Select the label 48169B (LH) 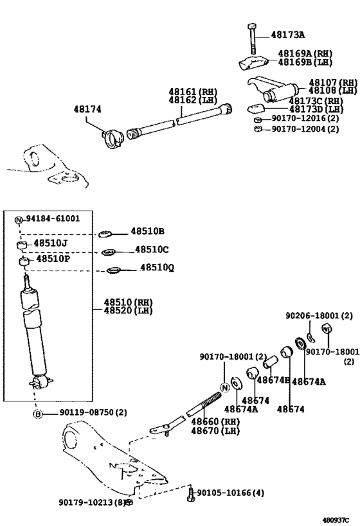pyautogui.click(x=303, y=62)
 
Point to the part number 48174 pyautogui.click(x=88, y=110)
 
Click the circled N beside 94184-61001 pyautogui.click(x=19, y=220)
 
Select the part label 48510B pyautogui.click(x=148, y=231)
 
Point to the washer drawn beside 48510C pyautogui.click(x=109, y=251)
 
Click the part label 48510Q pyautogui.click(x=157, y=268)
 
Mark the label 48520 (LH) pyautogui.click(x=128, y=311)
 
